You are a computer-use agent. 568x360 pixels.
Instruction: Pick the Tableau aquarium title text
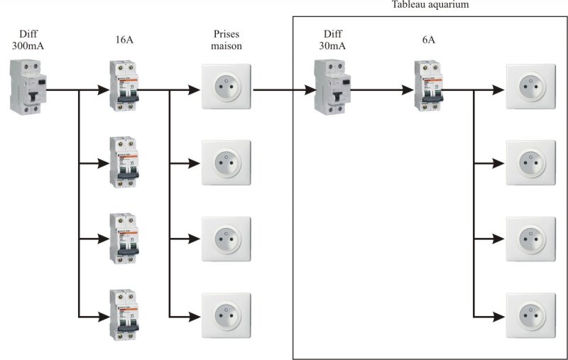[430, 4]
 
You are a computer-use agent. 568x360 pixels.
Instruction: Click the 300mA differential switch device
[28, 87]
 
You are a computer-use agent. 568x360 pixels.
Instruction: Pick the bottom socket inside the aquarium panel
[529, 315]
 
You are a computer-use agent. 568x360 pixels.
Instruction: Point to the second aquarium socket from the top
[529, 163]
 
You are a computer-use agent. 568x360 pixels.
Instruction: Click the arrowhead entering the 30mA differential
[310, 91]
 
